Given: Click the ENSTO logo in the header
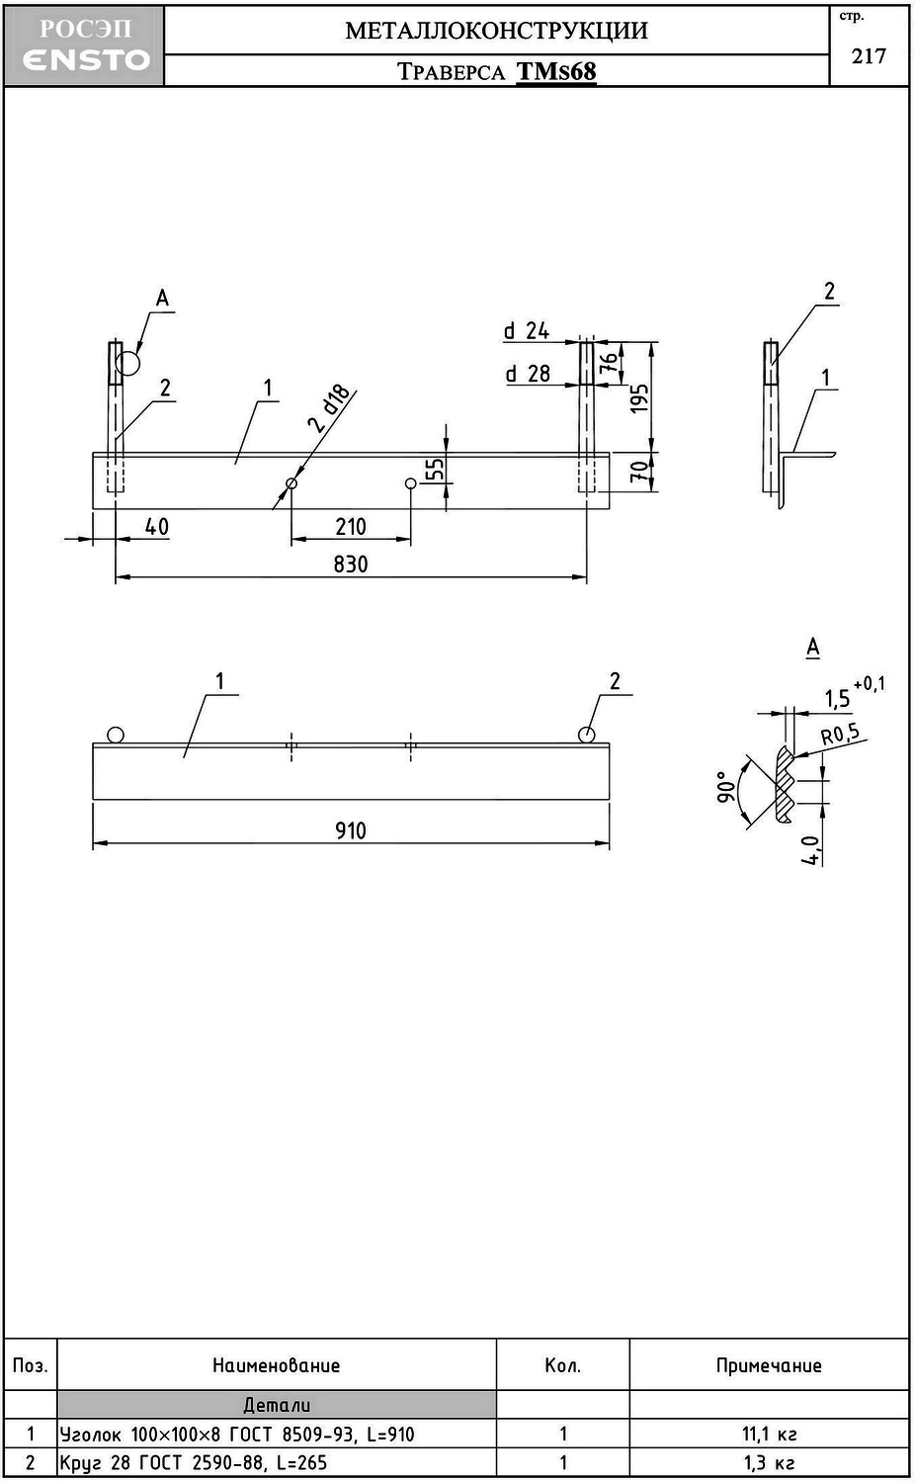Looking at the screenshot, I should pyautogui.click(x=85, y=59).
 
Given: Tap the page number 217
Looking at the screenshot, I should pyautogui.click(x=869, y=56).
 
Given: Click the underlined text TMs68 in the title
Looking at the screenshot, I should pyautogui.click(x=556, y=71).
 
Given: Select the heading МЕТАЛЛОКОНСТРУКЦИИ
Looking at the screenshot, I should pyautogui.click(x=496, y=30).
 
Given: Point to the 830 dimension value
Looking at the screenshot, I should pyautogui.click(x=351, y=564).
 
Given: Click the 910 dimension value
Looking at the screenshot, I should pyautogui.click(x=351, y=829).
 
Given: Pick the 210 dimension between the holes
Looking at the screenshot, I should pyautogui.click(x=351, y=526).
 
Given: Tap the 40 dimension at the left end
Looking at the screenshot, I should pyautogui.click(x=156, y=526).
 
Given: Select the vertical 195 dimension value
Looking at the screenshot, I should pyautogui.click(x=639, y=397).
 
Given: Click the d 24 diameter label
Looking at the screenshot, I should pyautogui.click(x=527, y=331).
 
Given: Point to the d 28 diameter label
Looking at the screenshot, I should pyautogui.click(x=528, y=374).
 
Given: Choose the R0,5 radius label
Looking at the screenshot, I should pyautogui.click(x=840, y=735).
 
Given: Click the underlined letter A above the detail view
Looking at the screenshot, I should pyautogui.click(x=812, y=647).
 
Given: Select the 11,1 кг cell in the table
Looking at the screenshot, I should pyautogui.click(x=769, y=1434).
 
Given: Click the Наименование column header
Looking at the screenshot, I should pyautogui.click(x=276, y=1365).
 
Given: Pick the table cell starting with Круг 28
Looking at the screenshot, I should pyautogui.click(x=194, y=1462).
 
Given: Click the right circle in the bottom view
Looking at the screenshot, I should pyautogui.click(x=587, y=735).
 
